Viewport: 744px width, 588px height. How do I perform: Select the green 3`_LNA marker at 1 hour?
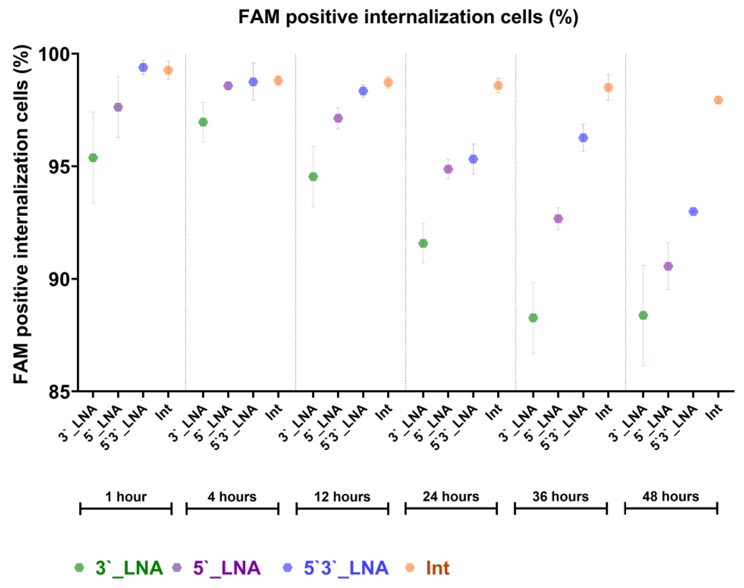pyautogui.click(x=93, y=158)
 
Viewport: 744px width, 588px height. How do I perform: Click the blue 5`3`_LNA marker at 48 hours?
pyautogui.click(x=693, y=211)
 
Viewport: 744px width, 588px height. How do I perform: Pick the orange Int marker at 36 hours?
pyautogui.click(x=608, y=87)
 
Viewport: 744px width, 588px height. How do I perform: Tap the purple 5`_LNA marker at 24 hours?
pyautogui.click(x=448, y=169)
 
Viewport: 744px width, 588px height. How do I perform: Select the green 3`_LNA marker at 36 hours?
pyautogui.click(x=533, y=318)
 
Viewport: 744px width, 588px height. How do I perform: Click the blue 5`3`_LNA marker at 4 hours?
pyautogui.click(x=253, y=82)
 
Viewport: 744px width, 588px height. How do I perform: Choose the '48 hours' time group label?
pyautogui.click(x=670, y=496)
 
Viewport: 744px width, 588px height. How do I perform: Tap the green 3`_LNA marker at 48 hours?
pyautogui.click(x=643, y=315)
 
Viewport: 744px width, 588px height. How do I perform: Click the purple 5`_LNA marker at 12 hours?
pyautogui.click(x=338, y=118)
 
